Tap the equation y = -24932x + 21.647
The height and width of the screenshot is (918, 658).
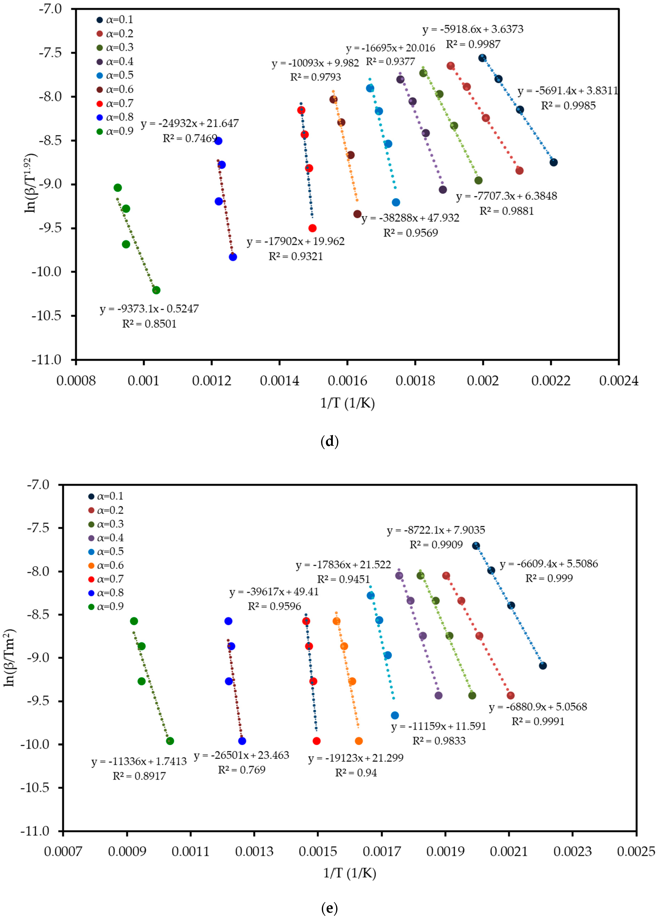190,123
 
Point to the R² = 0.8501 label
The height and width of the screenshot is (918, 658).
149,324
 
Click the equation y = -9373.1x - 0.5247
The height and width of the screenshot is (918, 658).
149,309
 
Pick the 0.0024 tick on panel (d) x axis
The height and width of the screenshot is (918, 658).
618,381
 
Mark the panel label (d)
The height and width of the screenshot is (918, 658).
329,441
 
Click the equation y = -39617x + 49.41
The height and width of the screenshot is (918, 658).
274,592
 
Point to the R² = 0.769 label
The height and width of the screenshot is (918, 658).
242,770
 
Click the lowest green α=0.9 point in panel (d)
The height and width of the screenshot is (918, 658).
156,290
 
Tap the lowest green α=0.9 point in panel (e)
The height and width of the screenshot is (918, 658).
170,741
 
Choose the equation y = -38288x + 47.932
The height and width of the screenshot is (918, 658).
410,218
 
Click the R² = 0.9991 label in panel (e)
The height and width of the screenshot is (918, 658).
538,721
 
